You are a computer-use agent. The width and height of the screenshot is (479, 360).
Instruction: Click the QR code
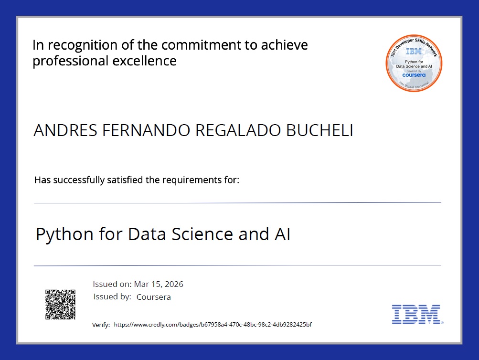click(60, 305)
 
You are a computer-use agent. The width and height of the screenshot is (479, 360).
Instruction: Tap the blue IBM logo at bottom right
click(417, 315)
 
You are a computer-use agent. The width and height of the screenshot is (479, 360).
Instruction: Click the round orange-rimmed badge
click(414, 64)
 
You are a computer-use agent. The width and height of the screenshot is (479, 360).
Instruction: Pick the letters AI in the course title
click(282, 234)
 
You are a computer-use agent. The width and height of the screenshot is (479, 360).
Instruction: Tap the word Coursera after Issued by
click(153, 296)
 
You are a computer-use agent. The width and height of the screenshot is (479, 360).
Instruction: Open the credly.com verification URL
click(213, 325)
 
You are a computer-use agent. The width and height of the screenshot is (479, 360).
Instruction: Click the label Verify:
click(101, 325)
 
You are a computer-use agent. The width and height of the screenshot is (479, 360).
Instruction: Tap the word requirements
click(190, 180)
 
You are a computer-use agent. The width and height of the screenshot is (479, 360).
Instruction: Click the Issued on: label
click(112, 284)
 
